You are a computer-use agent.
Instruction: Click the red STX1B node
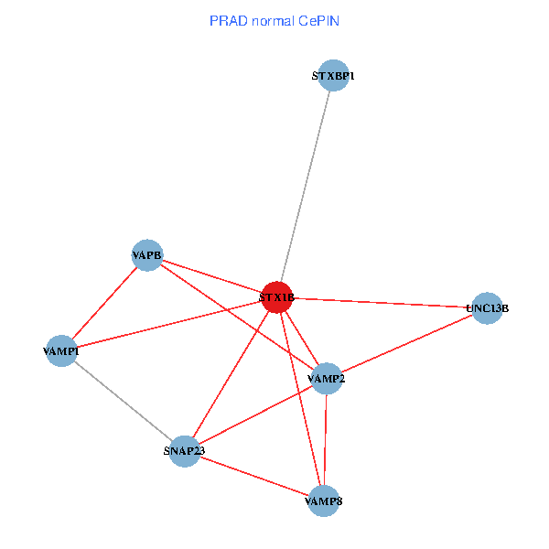coord(276,297)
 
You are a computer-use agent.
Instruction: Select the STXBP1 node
coord(332,76)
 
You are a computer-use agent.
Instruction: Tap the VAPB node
coord(147,255)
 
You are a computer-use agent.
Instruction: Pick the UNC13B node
coord(487,308)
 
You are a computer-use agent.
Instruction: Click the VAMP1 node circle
coord(61,350)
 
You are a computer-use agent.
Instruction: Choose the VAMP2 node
coord(327,378)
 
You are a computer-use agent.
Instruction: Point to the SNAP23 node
coord(184,451)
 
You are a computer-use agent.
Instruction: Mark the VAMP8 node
coord(324,501)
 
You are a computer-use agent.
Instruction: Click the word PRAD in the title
coord(227,20)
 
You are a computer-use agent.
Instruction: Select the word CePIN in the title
coord(318,20)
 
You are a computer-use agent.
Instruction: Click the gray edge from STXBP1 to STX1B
coord(305,187)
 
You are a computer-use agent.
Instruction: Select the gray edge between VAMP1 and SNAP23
coord(123,401)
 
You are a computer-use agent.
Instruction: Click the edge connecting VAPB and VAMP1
coord(104,303)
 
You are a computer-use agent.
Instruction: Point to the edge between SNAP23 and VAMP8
coord(253,476)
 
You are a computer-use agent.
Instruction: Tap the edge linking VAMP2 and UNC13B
coord(406,343)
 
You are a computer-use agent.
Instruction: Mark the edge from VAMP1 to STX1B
coord(169,324)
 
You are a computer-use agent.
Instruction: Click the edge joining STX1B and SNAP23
coord(231,374)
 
